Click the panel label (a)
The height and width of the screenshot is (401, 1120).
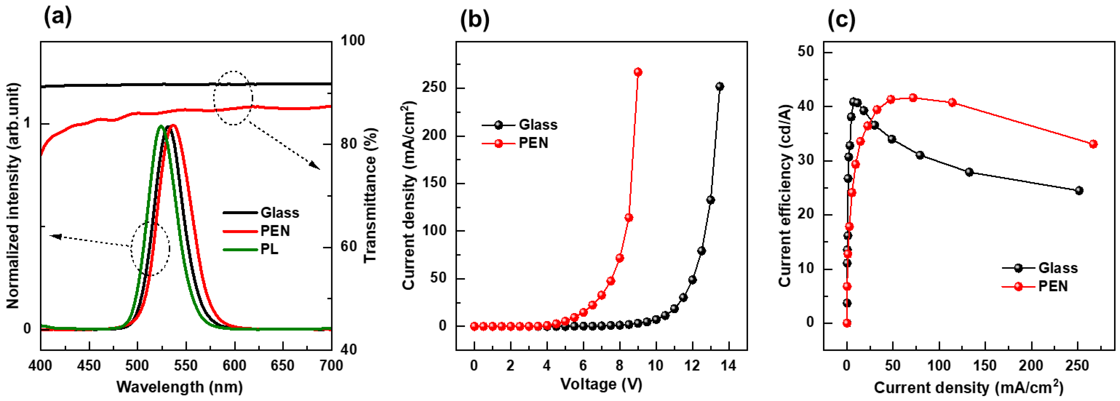point(58,17)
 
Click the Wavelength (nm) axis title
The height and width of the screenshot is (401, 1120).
point(180,386)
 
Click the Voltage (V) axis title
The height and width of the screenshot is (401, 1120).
point(601,384)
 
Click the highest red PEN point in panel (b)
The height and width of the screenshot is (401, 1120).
point(638,72)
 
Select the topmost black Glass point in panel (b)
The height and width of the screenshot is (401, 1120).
point(720,86)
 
